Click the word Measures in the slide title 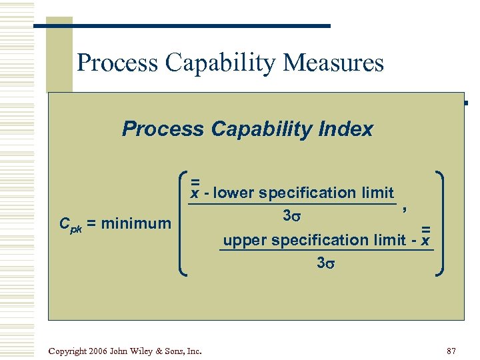click(x=333, y=63)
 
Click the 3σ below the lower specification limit click(x=292, y=216)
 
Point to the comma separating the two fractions click(x=404, y=209)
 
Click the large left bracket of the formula click(x=184, y=223)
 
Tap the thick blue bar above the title click(x=181, y=26)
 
